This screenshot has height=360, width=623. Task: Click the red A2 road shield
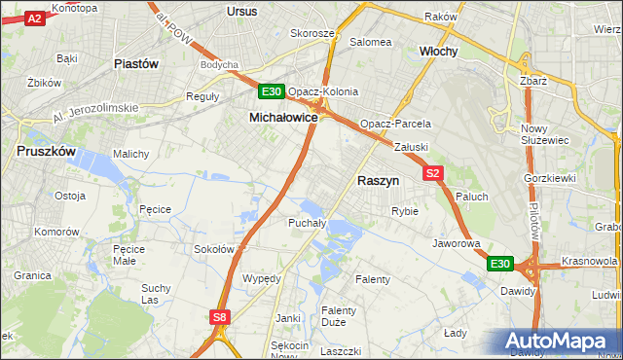tap(34, 18)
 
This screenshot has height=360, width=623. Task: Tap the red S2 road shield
tap(433, 173)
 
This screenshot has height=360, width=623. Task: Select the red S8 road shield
tap(220, 316)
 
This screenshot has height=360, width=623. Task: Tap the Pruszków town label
tap(46, 152)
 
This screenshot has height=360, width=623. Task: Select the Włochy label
tap(438, 52)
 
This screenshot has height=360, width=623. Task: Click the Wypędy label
tap(261, 278)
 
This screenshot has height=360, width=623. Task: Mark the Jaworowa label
tap(457, 243)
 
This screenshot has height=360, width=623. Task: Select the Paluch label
tap(472, 197)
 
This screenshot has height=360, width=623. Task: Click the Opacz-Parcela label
tap(395, 125)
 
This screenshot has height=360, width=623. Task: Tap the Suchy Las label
tap(156, 293)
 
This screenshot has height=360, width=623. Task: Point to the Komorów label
tap(56, 233)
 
